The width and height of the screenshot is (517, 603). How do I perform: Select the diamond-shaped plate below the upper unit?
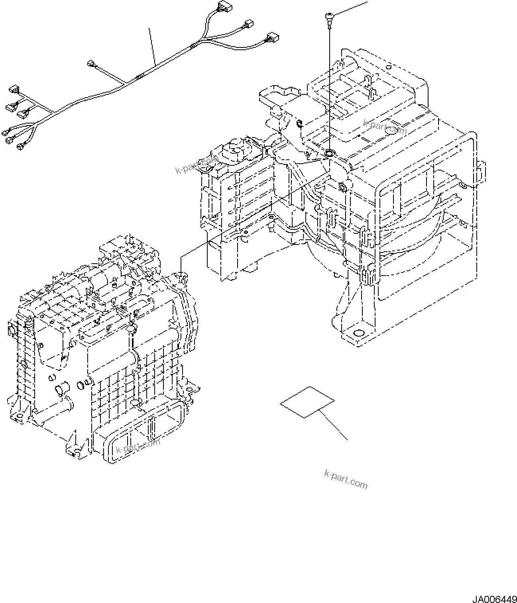coord(307,402)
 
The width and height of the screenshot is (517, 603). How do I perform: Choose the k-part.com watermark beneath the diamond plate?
coord(346,479)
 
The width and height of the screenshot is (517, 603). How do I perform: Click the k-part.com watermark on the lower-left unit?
coord(138,446)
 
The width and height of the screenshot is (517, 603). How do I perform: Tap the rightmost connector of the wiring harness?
coord(273,37)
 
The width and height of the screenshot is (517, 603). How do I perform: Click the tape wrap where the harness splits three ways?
coord(193,46)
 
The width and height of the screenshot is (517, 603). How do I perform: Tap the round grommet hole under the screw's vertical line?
coord(330,152)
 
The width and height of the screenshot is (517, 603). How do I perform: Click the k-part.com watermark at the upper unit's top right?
coord(385,127)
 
